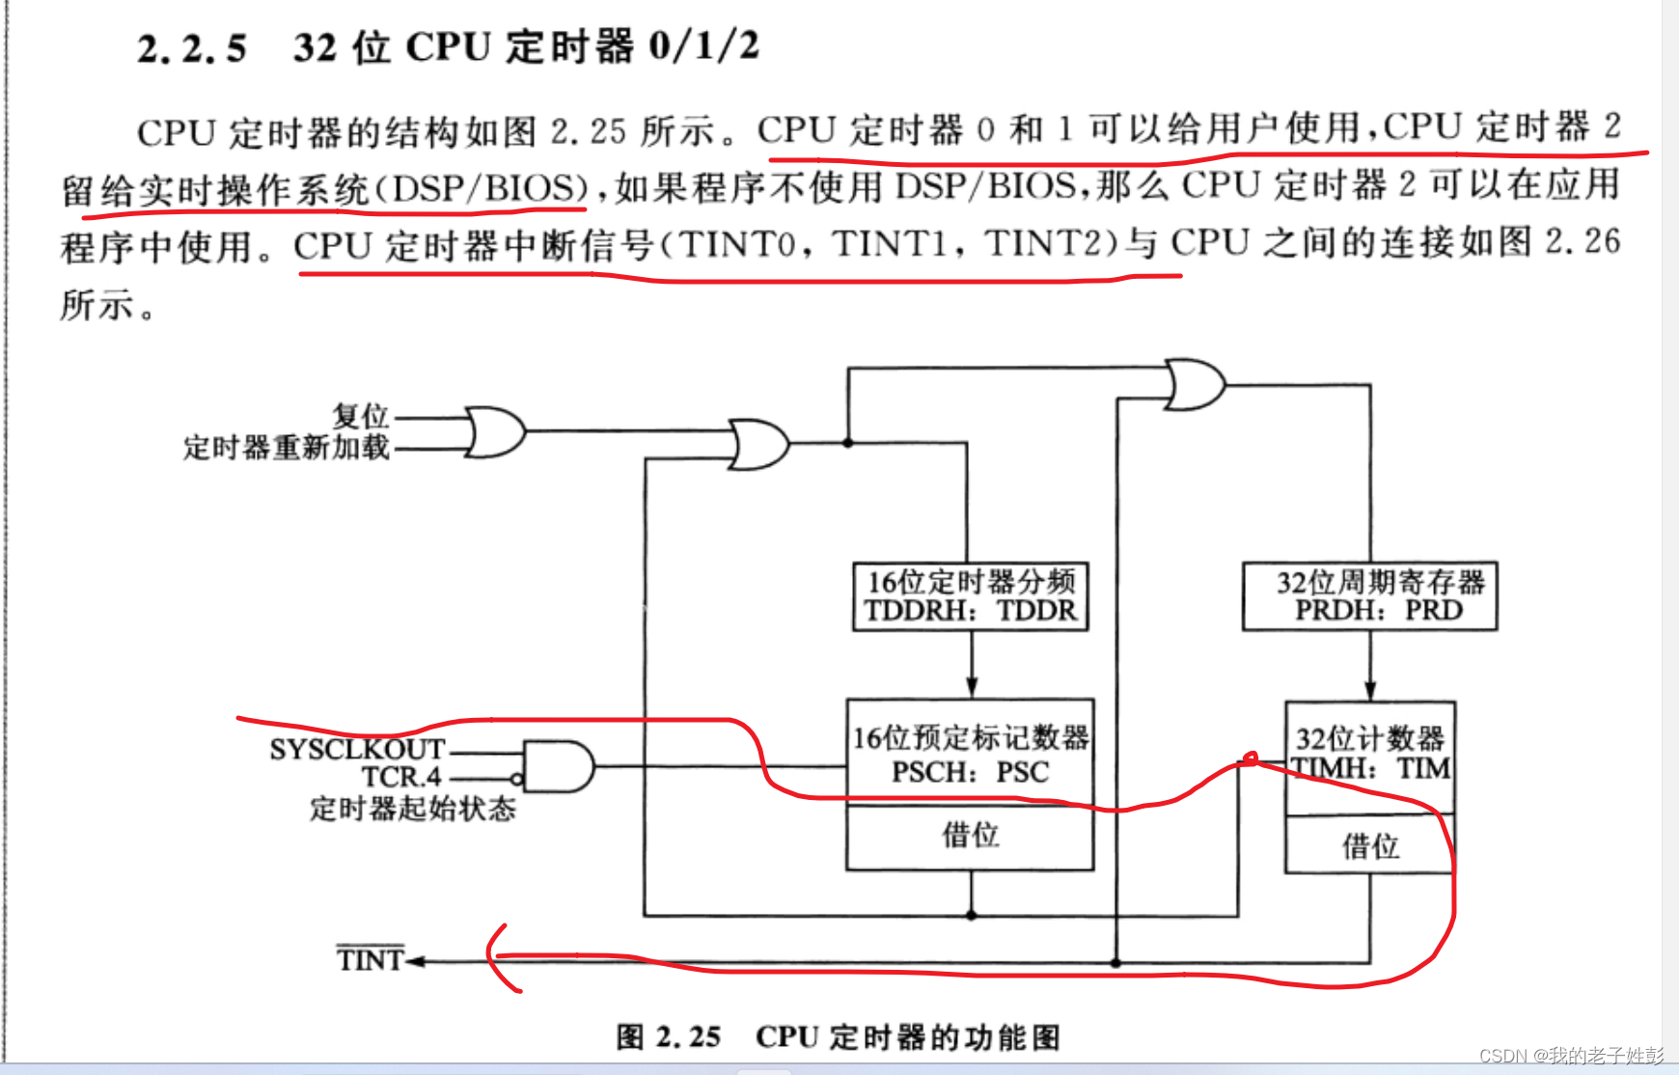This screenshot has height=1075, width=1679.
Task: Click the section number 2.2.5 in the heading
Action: [x=191, y=48]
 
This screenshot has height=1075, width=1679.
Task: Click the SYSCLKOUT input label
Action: [x=356, y=750]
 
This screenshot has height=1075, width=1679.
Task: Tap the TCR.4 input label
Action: [x=400, y=777]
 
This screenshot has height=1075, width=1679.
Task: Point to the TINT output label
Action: [x=370, y=960]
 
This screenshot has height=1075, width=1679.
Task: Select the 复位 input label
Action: [x=360, y=416]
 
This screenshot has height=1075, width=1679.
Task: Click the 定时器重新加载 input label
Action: [x=286, y=448]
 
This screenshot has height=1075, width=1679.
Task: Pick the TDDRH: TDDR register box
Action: [x=970, y=597]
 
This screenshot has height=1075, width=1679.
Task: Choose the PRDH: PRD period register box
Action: [x=1369, y=596]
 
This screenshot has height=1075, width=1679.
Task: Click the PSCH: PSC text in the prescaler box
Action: [x=970, y=772]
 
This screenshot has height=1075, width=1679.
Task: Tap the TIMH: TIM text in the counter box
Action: [x=1370, y=768]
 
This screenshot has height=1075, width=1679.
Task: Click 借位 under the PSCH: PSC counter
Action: [x=970, y=835]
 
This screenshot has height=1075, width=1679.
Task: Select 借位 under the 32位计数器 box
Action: [x=1369, y=846]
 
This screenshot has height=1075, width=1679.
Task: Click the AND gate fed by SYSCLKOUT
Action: [x=558, y=766]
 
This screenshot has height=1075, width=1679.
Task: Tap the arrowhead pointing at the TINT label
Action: [x=416, y=961]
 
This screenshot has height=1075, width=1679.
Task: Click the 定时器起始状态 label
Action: [x=412, y=809]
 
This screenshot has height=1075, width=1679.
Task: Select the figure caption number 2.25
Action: [x=688, y=1037]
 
